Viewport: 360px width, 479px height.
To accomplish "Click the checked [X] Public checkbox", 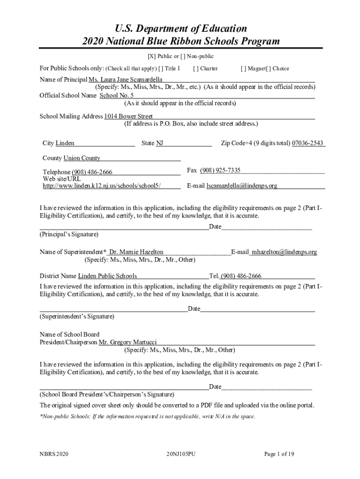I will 151,57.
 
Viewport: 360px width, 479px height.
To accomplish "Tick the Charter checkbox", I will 195,69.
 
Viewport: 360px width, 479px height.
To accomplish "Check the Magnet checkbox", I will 243,69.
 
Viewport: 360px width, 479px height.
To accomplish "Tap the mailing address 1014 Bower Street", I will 129,116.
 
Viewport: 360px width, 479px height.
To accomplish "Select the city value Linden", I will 65,143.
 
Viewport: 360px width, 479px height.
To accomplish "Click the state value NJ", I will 159,143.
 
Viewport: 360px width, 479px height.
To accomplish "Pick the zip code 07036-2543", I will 308,143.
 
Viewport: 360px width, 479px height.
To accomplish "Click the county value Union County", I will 82,158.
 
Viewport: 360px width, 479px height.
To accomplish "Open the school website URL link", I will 102,186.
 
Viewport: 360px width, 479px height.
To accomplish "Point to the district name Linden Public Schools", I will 108,276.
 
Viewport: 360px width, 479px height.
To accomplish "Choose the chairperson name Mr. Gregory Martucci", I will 128,342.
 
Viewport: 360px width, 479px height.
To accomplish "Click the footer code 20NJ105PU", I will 180,454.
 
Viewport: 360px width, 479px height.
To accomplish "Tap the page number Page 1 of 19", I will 279,454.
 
